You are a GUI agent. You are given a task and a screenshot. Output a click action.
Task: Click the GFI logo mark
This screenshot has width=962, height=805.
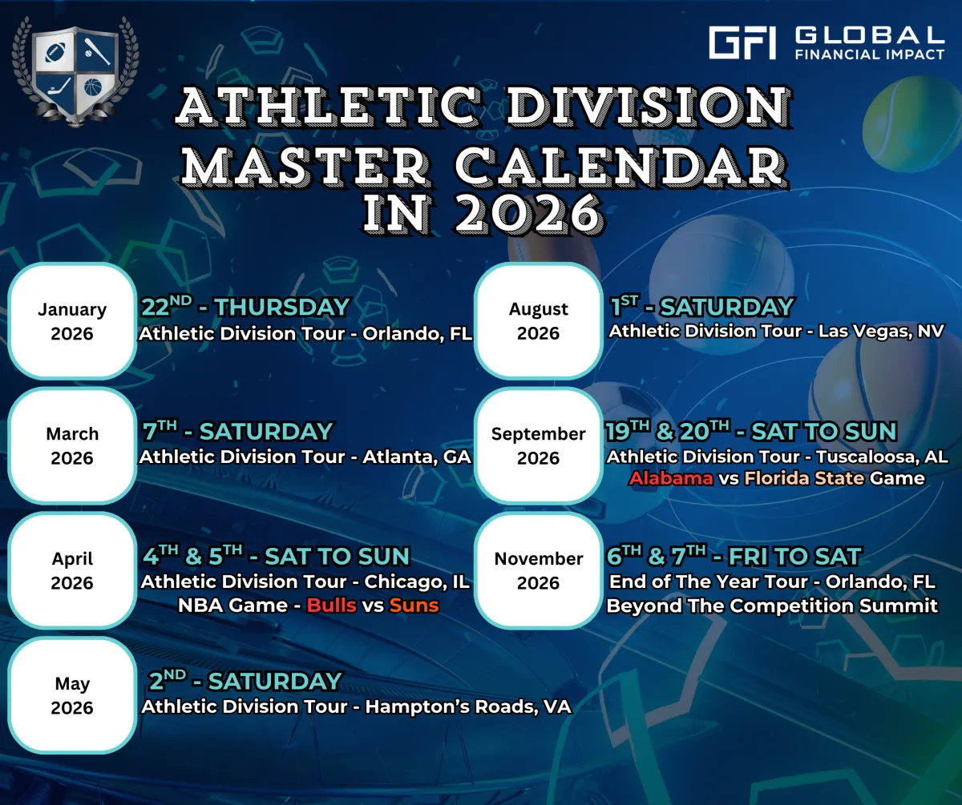[x=742, y=42]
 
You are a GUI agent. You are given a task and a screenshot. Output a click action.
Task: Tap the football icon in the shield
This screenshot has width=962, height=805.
[x=55, y=52]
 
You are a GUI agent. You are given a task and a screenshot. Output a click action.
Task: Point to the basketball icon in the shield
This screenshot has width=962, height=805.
[x=93, y=87]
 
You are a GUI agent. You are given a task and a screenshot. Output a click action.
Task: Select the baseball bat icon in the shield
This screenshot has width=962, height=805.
[x=97, y=51]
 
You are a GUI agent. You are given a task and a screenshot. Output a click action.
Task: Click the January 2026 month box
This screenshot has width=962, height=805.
[x=72, y=321]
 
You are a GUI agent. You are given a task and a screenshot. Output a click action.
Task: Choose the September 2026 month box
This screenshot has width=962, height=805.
[x=539, y=445]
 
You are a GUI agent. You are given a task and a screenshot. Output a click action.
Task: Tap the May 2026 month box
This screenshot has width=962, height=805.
[x=72, y=695]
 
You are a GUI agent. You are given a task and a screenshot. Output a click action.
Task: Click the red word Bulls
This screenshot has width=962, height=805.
[x=332, y=606]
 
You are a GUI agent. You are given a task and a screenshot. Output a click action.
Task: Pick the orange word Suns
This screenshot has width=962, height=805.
[x=414, y=606]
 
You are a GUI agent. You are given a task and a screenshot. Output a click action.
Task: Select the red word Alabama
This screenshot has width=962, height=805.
[x=671, y=478]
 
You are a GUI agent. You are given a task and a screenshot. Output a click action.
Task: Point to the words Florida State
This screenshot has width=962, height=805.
[x=804, y=478]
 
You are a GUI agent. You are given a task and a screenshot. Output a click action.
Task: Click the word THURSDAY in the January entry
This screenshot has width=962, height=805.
[x=282, y=307]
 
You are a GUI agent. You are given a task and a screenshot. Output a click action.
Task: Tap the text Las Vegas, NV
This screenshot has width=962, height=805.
[x=881, y=331]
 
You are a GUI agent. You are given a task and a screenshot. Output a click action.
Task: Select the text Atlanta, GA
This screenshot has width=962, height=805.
[x=417, y=457]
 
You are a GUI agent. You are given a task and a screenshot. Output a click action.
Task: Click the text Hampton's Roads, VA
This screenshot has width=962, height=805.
[x=468, y=706]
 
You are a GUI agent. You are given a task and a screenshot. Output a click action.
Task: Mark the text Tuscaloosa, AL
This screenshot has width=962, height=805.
[x=883, y=457]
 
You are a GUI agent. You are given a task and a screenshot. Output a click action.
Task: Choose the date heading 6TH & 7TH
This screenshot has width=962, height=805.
[x=656, y=556]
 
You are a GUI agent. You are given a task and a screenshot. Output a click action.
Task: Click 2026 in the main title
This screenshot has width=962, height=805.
[x=529, y=213]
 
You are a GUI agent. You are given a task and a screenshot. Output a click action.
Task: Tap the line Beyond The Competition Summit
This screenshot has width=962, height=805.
[x=772, y=606]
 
